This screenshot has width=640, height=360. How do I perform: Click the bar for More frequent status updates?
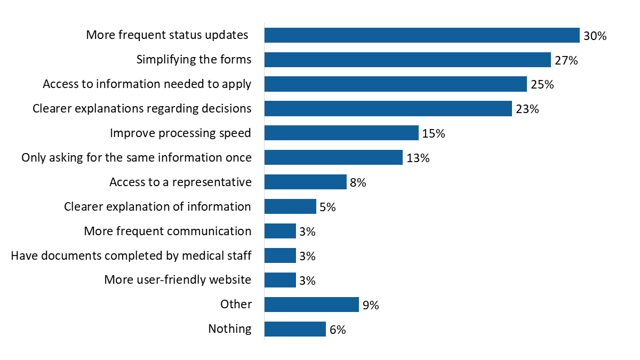click(422, 35)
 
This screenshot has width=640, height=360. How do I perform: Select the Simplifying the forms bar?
click(407, 60)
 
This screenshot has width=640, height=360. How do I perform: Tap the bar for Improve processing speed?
click(341, 133)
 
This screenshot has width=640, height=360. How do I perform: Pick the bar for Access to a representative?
click(306, 182)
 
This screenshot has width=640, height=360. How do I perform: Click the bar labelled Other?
click(311, 305)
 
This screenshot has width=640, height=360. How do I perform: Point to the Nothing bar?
click(295, 329)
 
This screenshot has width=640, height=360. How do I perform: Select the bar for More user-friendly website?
click(280, 280)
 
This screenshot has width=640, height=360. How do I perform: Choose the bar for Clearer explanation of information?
click(290, 206)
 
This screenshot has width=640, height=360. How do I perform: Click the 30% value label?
click(595, 36)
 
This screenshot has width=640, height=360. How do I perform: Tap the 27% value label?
click(566, 60)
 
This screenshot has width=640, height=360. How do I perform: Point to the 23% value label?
click(527, 109)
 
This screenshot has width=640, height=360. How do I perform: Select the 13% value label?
click(418, 158)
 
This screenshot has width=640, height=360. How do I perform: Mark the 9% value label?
click(371, 306)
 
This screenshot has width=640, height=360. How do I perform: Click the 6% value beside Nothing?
click(338, 330)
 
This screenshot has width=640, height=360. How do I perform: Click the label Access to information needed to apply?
click(147, 84)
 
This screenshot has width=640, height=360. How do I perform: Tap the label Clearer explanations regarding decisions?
click(142, 108)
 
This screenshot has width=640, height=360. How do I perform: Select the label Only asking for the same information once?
click(136, 158)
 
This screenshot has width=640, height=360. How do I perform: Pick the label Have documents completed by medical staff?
click(131, 256)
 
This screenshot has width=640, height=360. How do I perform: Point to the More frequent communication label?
click(167, 231)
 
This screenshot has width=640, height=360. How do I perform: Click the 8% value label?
click(358, 183)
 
